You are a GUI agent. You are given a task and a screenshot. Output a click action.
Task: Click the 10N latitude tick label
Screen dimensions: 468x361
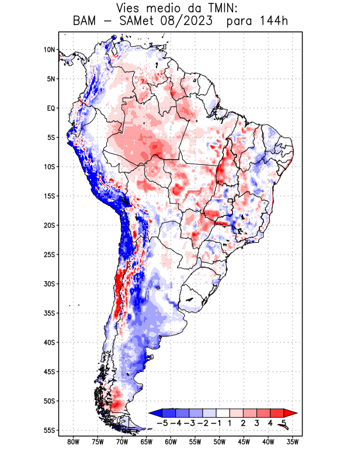coord(49,50)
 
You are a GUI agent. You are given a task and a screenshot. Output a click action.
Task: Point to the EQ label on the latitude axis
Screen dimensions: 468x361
coord(51,108)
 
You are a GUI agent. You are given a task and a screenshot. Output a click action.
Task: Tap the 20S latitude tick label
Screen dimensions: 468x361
coord(49,225)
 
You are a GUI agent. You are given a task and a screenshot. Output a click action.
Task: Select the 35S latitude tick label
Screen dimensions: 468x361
coord(49,313)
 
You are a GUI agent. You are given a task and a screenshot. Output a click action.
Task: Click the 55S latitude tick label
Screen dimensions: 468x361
coord(49,430)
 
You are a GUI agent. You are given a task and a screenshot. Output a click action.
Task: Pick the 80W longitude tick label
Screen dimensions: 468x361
coord(73,442)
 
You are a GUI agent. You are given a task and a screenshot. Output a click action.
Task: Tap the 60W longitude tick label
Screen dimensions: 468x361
coord(171,442)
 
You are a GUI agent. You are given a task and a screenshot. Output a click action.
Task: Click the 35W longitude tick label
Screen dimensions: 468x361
coord(293,442)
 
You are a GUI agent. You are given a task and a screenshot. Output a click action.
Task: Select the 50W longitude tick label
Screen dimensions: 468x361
coord(220,442)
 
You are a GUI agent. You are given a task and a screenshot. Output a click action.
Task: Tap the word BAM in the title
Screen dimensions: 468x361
coord(86,22)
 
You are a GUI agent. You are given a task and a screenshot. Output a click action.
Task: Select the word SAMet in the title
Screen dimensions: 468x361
coord(140,22)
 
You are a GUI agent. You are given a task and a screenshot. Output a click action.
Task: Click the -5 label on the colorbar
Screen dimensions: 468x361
coord(163,422)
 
